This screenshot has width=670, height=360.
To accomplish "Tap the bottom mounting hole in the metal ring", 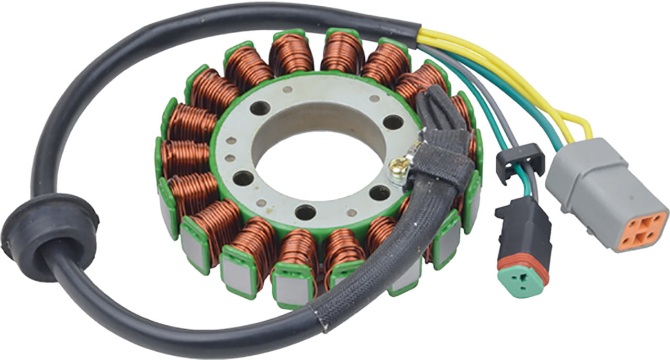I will pos(305,212).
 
